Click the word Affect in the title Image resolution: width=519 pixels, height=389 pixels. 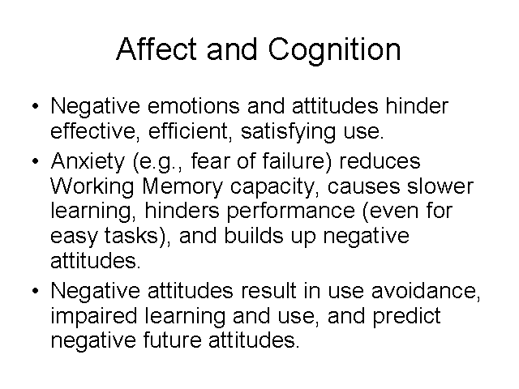pos(157,49)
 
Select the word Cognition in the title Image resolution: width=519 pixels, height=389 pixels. pos(334,50)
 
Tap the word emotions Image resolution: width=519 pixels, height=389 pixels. pos(193,106)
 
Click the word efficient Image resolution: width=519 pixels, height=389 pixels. pos(190,131)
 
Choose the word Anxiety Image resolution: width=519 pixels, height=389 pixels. pos(88,162)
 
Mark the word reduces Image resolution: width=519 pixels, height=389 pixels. pos(380,161)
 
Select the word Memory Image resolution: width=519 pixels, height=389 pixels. pos(182,187)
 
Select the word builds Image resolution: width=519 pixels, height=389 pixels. pos(254,236)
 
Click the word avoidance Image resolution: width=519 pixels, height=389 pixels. pos(426,291)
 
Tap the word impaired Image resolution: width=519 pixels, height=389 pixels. pos(94,317)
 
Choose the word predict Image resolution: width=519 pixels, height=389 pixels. pos(407,317)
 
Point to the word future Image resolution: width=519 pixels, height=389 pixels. pos(172,340)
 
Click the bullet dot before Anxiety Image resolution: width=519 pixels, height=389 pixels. pos(36,161)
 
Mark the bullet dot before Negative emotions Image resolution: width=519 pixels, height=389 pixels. pos(36,106)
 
